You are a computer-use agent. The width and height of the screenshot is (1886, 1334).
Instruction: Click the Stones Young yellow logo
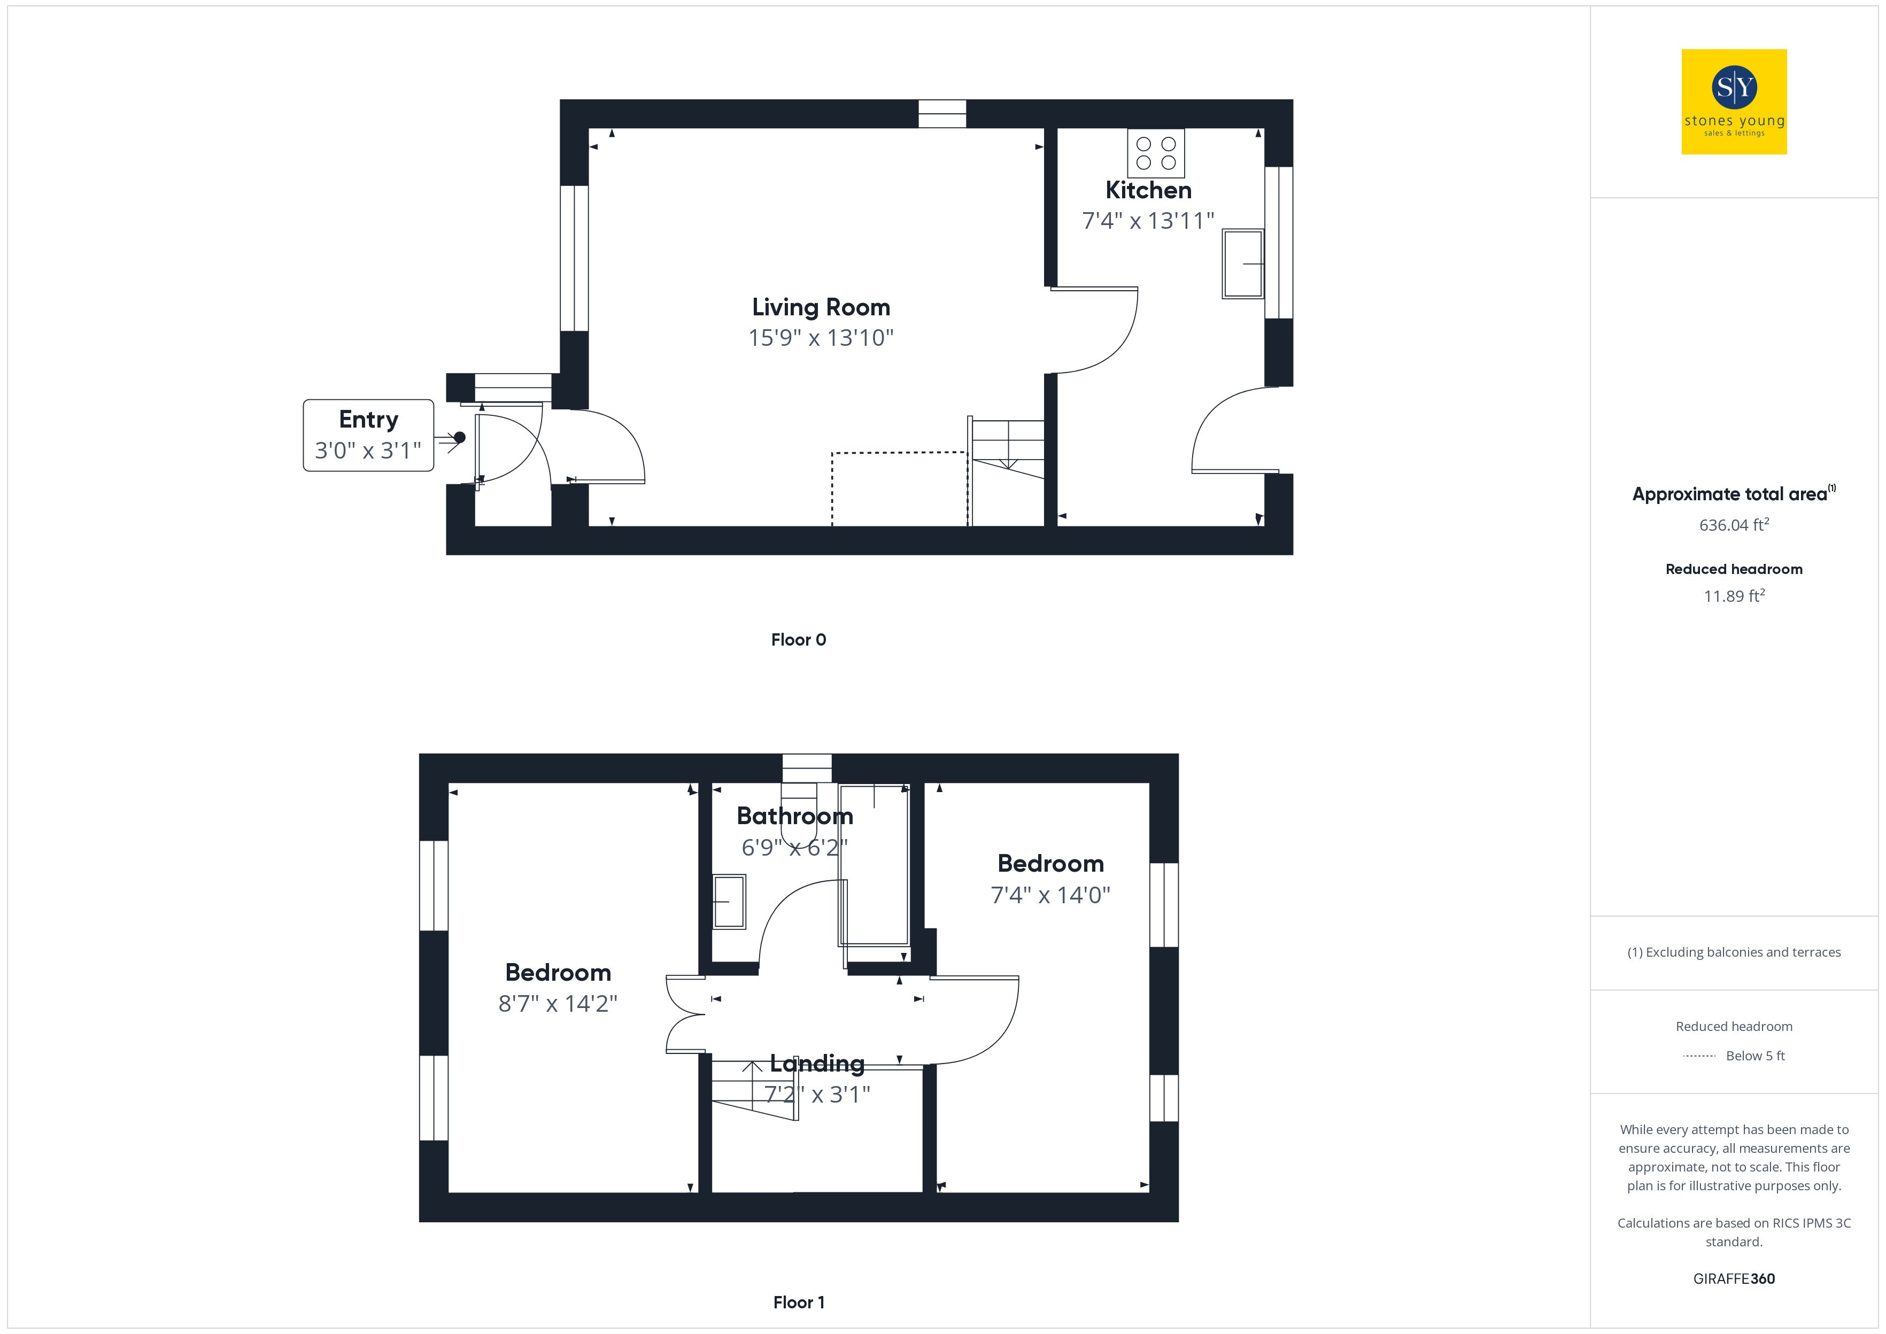[x=1734, y=102]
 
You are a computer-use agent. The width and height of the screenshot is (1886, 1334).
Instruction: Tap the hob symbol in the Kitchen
[x=1156, y=153]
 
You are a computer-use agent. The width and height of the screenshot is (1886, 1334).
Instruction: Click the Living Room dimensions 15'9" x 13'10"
[x=821, y=338]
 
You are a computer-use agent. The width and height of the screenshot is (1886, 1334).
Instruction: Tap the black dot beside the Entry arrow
[x=460, y=438]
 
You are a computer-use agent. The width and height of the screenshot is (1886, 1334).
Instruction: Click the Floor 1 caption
[x=799, y=1302]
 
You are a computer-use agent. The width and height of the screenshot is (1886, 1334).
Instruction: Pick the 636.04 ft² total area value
[x=1734, y=524]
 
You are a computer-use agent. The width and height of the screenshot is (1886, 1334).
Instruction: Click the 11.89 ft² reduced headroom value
[x=1734, y=595]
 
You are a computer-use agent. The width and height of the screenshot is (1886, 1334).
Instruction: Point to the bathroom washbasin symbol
[x=729, y=902]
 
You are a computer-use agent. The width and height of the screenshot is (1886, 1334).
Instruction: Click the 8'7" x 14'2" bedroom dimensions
[x=558, y=1004]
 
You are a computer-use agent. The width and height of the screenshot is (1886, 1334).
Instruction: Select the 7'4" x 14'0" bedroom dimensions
[x=1050, y=895]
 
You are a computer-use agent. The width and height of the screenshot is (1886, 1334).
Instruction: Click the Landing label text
[x=817, y=1064]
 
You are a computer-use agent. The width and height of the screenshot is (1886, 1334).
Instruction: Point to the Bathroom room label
[x=795, y=816]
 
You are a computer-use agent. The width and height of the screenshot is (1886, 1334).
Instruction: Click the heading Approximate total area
[x=1730, y=494]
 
